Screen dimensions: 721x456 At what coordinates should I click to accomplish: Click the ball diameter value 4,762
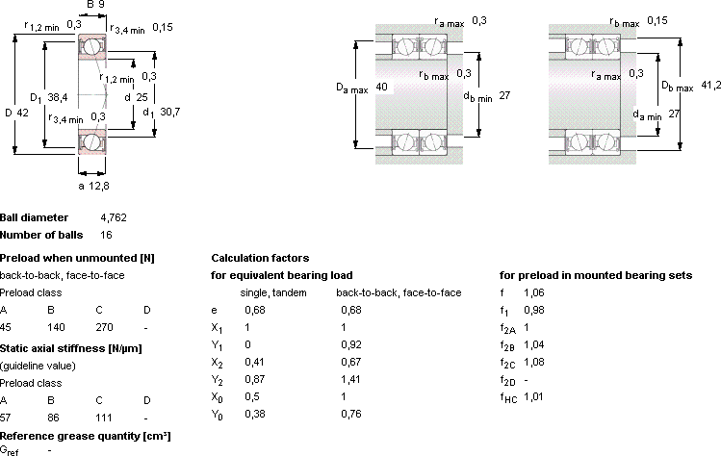point(114,217)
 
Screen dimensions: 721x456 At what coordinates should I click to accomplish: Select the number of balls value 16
point(106,235)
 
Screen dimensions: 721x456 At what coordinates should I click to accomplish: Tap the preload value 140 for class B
point(56,327)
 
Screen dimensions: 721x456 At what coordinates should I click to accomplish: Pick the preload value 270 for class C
point(104,327)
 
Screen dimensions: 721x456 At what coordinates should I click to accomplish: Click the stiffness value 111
point(104,418)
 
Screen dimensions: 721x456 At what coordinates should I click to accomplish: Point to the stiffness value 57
point(6,418)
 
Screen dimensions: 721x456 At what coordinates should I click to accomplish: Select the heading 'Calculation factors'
point(260,258)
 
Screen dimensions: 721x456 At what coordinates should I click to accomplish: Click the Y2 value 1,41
point(350,379)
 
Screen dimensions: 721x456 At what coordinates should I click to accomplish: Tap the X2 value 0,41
point(255,362)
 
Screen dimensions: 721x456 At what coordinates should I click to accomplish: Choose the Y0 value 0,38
point(255,414)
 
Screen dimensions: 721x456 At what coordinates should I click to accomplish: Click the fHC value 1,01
point(533,396)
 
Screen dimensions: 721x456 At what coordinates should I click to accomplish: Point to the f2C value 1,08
point(534,362)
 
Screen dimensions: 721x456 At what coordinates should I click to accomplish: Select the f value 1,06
point(534,292)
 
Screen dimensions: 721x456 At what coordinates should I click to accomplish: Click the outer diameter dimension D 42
point(17,113)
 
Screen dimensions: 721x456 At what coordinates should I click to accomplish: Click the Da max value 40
point(381,87)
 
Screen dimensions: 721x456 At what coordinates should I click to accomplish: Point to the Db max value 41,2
point(710,85)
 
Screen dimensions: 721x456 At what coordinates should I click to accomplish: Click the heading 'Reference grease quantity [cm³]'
point(85,436)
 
